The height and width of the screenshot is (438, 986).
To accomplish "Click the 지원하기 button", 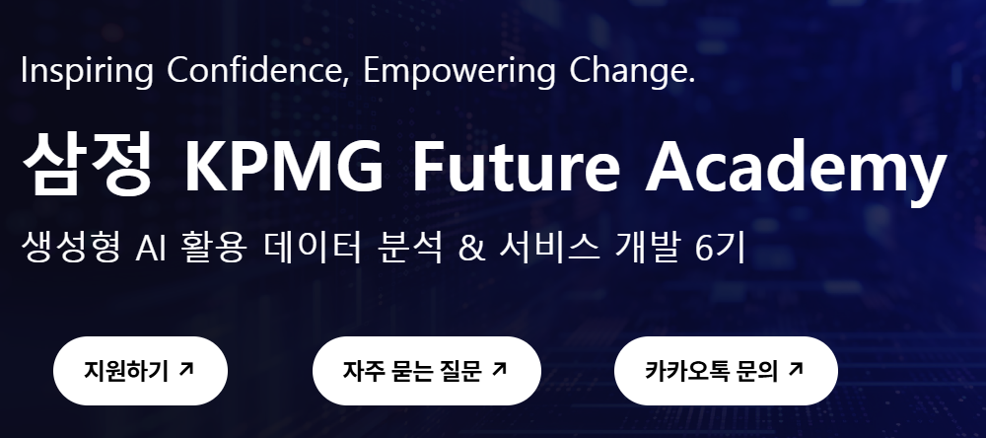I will [x=140, y=371].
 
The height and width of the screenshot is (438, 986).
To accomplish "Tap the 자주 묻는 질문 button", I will [x=426, y=371].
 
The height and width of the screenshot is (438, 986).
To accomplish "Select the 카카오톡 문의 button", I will [x=725, y=371].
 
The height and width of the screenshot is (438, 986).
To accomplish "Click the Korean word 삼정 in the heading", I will [x=86, y=165].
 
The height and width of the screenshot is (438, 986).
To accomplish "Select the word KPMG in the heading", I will [x=284, y=167].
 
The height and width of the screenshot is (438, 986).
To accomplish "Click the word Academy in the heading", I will [x=795, y=167].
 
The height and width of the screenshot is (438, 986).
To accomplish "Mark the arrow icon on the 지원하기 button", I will [x=187, y=369].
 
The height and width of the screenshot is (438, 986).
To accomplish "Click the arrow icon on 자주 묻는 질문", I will [x=499, y=369].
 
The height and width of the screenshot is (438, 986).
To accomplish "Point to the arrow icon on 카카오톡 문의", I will [x=797, y=369].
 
